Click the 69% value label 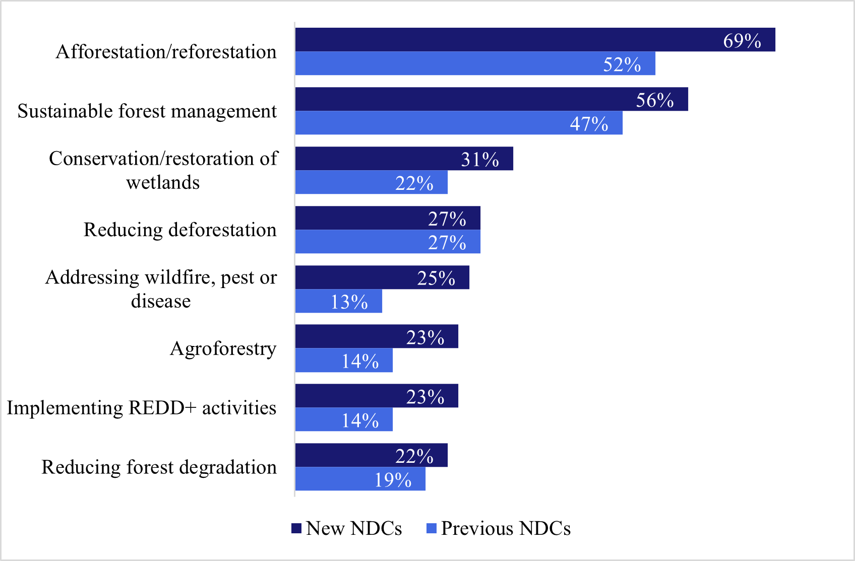[x=742, y=41]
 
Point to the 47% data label [x=589, y=123]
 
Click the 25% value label [x=436, y=278]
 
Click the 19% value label [x=393, y=479]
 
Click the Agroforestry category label [x=223, y=348]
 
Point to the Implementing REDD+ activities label [x=142, y=408]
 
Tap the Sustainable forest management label [x=147, y=111]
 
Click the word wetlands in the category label [x=163, y=182]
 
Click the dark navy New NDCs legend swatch [x=296, y=528]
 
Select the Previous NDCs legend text [x=506, y=528]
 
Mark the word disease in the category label [x=161, y=301]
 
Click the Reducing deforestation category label [x=180, y=230]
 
